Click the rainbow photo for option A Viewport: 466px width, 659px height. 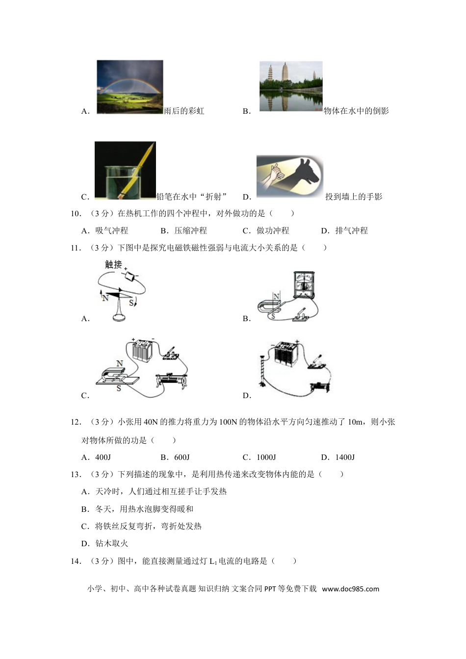pyautogui.click(x=129, y=87)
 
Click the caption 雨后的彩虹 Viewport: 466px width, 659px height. pyautogui.click(x=184, y=111)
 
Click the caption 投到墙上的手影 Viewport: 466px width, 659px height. pyautogui.click(x=354, y=197)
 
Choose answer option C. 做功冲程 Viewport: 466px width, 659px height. pyautogui.click(x=266, y=231)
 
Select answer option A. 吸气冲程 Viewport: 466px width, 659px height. pyautogui.click(x=104, y=231)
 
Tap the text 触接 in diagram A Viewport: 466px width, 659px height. pyautogui.click(x=113, y=265)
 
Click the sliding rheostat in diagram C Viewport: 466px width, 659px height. pyautogui.click(x=170, y=380)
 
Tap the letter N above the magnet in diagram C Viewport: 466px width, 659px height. pyautogui.click(x=119, y=363)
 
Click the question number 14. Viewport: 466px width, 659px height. pyautogui.click(x=76, y=561)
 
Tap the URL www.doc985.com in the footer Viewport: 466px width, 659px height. pyautogui.click(x=351, y=589)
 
